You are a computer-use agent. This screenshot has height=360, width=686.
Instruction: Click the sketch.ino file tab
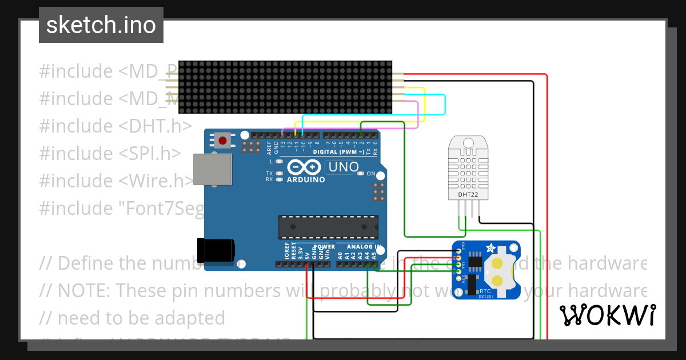pyautogui.click(x=101, y=25)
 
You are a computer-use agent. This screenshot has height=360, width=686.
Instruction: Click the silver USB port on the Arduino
pyautogui.click(x=213, y=169)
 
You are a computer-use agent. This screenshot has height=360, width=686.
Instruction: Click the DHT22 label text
pyautogui.click(x=468, y=194)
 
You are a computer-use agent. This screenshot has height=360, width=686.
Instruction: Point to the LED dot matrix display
pyautogui.click(x=285, y=87)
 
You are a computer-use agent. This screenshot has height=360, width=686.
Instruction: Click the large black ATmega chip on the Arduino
pyautogui.click(x=328, y=227)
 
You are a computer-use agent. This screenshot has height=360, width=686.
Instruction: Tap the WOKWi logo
pyautogui.click(x=608, y=315)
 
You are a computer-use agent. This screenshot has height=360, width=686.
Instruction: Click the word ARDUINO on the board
pyautogui.click(x=305, y=179)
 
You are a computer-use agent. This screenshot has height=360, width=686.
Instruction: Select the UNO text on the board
pyautogui.click(x=342, y=167)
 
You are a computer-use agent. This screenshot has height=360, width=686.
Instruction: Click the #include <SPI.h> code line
pyautogui.click(x=110, y=153)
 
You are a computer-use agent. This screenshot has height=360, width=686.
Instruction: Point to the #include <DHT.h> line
pyautogui.click(x=115, y=126)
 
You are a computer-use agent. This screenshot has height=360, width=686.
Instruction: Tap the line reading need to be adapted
pyautogui.click(x=141, y=318)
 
